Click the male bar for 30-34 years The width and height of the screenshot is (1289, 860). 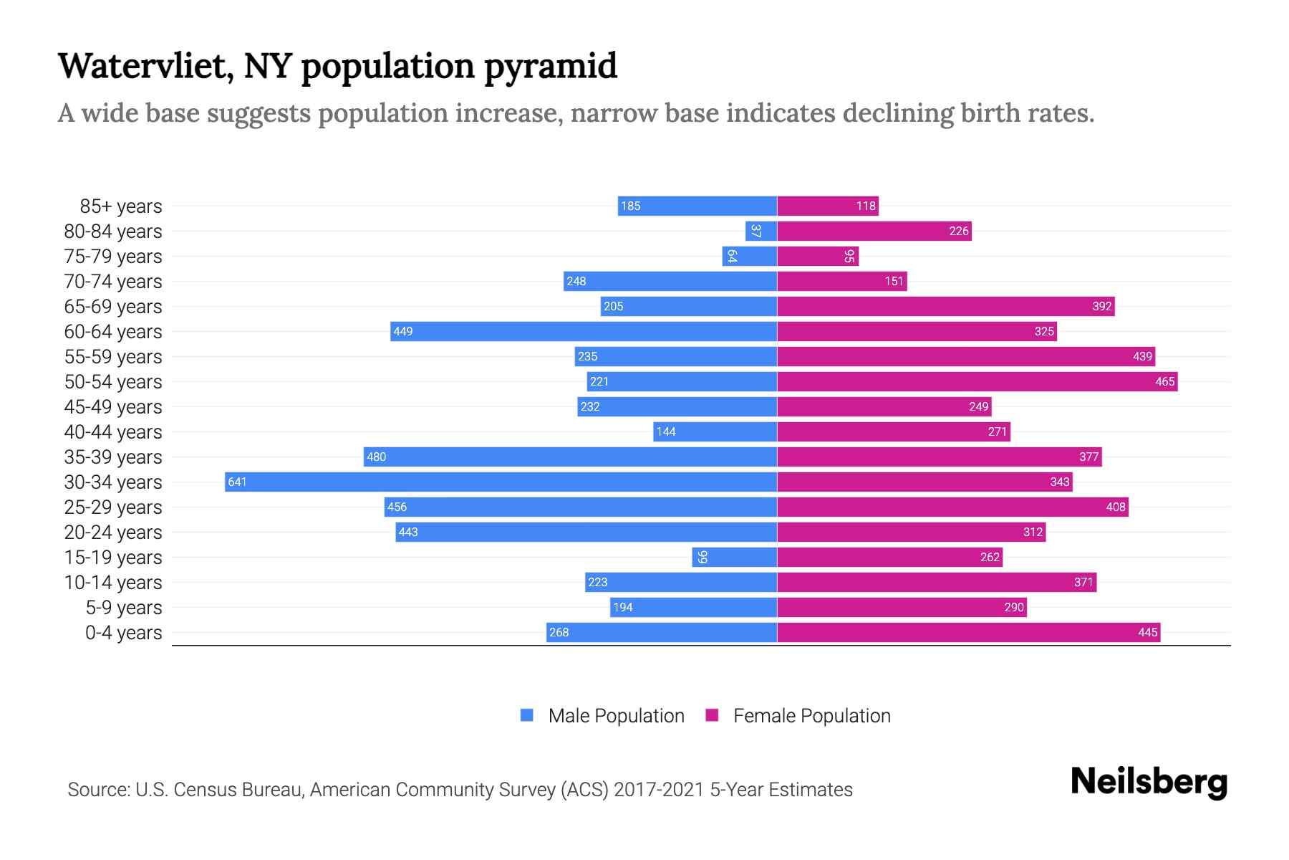(501, 482)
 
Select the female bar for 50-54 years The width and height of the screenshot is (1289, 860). (977, 381)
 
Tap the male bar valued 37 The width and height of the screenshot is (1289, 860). (761, 231)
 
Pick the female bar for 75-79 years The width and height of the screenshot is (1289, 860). (818, 256)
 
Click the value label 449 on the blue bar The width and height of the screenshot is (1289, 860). (403, 331)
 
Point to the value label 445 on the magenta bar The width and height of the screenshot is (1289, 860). (1147, 632)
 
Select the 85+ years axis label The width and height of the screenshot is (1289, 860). (121, 206)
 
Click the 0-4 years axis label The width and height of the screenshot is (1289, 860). (123, 633)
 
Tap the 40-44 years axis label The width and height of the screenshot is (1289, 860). (113, 432)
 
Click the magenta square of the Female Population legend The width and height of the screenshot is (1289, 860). (712, 715)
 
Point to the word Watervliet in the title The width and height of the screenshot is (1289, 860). (146, 67)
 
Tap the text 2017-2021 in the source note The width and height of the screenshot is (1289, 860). (659, 790)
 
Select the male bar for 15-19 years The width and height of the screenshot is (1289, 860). (734, 557)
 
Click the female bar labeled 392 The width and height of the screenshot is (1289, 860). (945, 306)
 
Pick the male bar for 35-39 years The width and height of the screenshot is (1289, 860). (570, 457)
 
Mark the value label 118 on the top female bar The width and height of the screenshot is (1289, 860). (866, 206)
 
